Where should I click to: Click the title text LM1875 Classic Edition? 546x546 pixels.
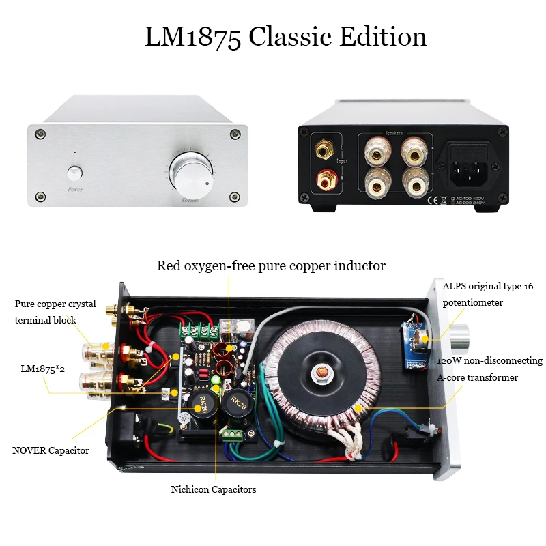click(285, 36)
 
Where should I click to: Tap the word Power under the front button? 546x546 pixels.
click(75, 189)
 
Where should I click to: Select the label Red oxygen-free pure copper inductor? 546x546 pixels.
click(272, 265)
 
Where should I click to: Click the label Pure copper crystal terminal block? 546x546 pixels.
click(55, 311)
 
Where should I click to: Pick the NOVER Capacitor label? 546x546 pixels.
click(51, 450)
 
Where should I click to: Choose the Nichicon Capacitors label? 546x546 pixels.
click(214, 489)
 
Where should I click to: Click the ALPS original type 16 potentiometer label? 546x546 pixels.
click(488, 293)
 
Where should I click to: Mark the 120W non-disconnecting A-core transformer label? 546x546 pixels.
click(489, 369)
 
